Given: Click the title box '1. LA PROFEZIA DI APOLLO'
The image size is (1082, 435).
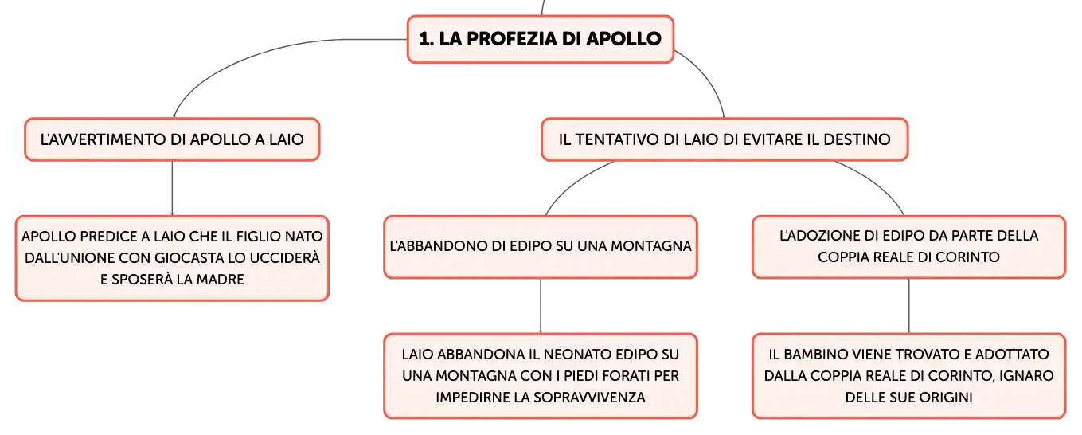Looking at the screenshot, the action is click(541, 39).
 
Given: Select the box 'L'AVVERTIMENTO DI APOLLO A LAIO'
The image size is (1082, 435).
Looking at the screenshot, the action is click(173, 139).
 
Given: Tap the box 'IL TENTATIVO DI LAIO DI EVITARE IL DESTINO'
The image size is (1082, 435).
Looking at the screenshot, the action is click(725, 139).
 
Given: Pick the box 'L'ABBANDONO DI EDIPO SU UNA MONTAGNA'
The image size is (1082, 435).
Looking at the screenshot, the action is click(541, 247).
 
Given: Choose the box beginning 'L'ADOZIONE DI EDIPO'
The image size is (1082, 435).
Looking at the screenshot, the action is click(909, 247).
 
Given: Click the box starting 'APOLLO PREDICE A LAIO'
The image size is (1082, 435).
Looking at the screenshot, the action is click(173, 258).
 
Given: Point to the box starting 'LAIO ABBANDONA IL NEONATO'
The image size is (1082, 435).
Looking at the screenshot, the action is click(541, 375).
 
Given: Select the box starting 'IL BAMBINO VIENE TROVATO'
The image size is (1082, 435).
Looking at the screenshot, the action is click(909, 375).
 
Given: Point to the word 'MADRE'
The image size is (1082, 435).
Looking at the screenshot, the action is click(221, 280).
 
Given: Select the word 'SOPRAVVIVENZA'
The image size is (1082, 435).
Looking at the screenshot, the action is click(589, 398).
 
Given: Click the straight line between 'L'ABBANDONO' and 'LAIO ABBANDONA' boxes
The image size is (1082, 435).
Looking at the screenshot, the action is click(541, 306).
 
